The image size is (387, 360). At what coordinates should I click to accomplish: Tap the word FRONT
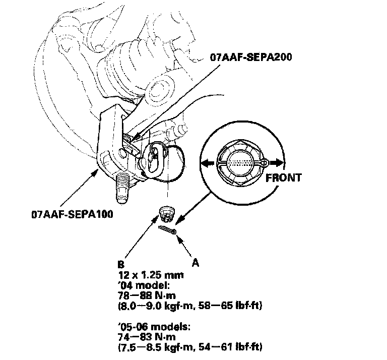tap(284, 178)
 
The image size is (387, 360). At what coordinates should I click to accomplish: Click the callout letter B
tap(120, 263)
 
